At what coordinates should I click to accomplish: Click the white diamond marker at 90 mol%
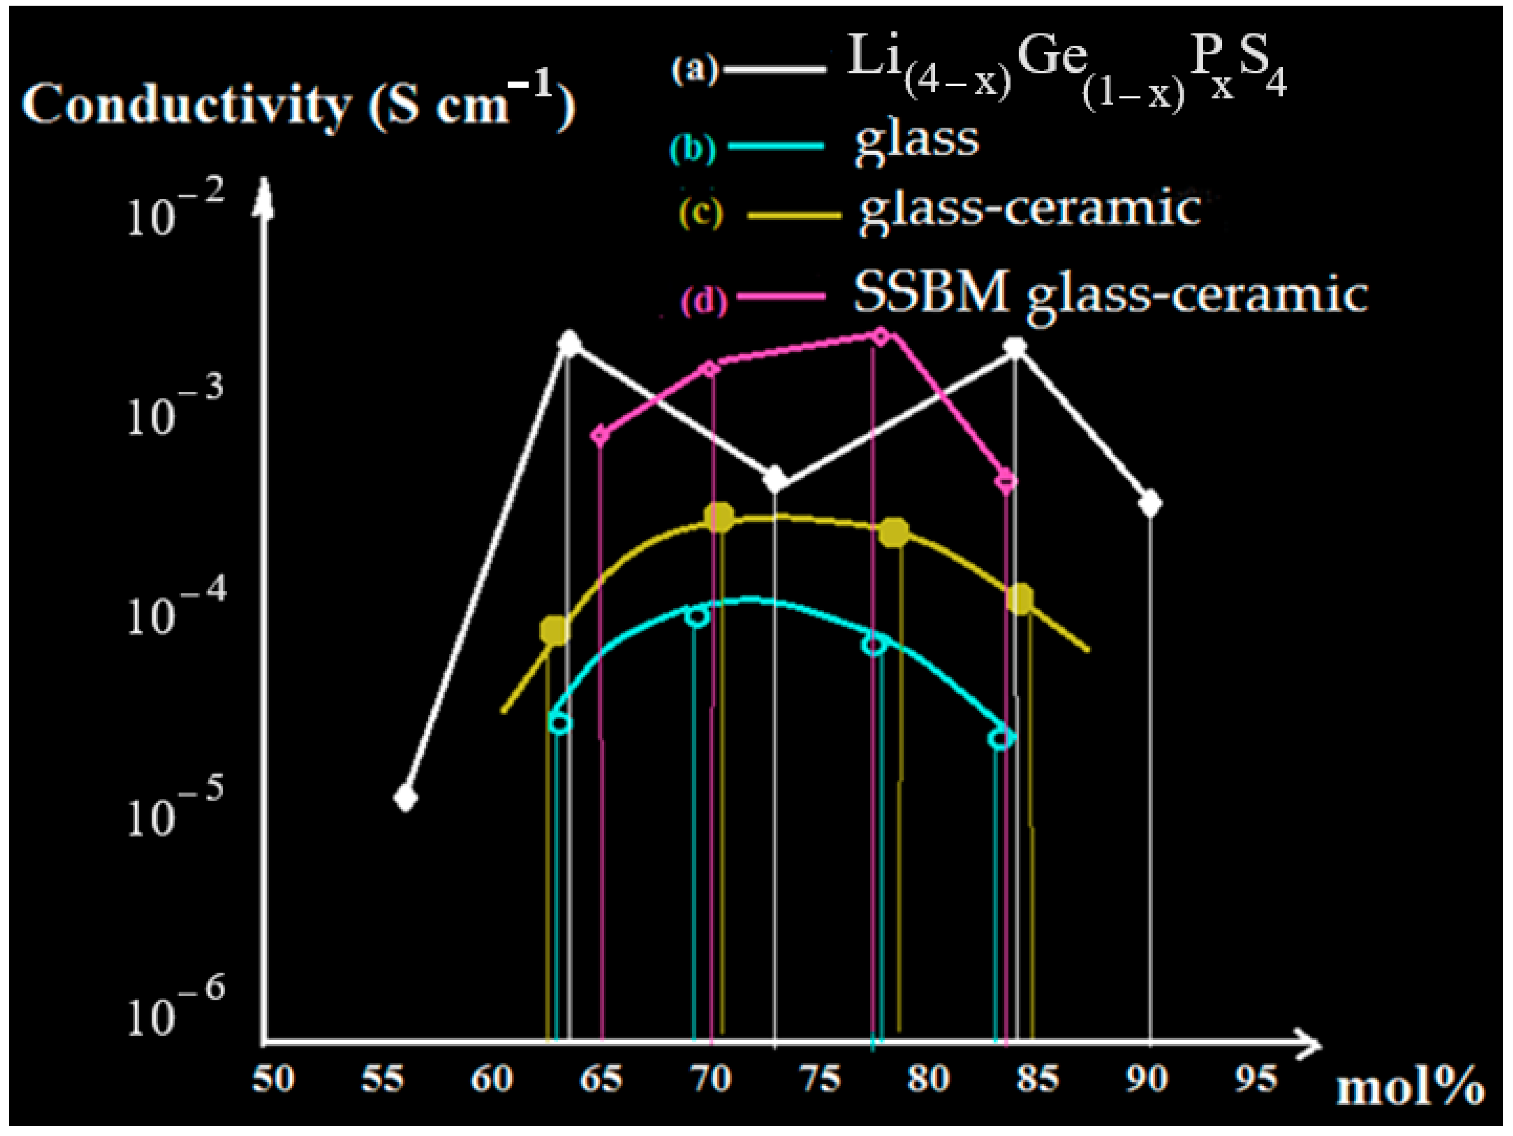[x=1150, y=504]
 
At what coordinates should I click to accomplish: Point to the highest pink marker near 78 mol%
[x=881, y=336]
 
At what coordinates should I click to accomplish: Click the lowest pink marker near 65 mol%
[x=600, y=435]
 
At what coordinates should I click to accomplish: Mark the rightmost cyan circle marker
[x=1001, y=738]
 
